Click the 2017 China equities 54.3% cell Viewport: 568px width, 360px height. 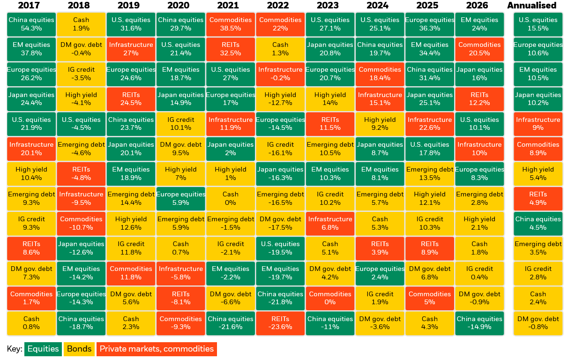point(31,24)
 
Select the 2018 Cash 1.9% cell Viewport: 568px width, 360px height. point(81,24)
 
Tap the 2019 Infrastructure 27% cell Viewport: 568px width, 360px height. point(131,49)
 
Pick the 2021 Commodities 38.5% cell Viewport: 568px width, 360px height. point(231,24)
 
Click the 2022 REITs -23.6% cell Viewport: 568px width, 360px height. point(280,323)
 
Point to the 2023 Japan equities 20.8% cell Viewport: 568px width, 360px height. point(330,49)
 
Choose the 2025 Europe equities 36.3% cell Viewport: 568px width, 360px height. point(430,24)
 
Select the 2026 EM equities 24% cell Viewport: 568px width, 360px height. point(479,24)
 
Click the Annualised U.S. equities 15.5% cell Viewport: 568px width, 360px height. point(538,24)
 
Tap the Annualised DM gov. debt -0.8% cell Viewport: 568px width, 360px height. point(538,323)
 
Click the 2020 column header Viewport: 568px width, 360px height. point(179,5)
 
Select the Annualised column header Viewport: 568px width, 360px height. point(532,5)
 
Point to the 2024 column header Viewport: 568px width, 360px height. point(378,5)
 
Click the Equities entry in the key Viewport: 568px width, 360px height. point(43,349)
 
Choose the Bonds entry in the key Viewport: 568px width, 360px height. point(79,349)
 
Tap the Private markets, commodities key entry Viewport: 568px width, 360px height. point(157,349)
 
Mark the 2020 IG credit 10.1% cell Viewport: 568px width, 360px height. point(180,124)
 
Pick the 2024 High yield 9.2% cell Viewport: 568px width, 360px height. point(380,124)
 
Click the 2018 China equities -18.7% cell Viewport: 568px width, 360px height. point(81,323)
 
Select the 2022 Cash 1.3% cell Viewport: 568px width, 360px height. point(280,49)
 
